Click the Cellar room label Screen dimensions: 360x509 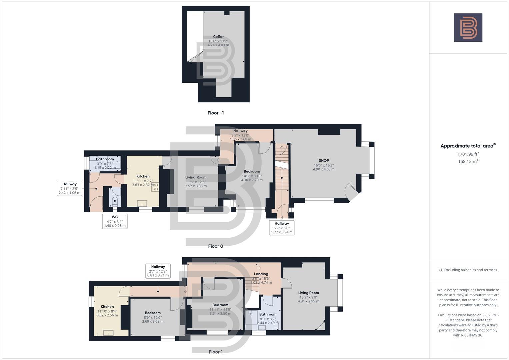[218, 37]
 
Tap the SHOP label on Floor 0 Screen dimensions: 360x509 [324, 161]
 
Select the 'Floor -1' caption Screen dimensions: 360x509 [216, 113]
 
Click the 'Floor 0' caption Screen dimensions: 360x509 [216, 246]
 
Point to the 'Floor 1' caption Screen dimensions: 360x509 [216, 352]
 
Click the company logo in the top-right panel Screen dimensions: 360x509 [468, 28]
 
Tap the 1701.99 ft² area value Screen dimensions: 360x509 [468, 154]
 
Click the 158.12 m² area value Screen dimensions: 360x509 [468, 161]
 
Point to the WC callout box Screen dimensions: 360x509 [115, 221]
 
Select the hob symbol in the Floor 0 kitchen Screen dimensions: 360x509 [155, 187]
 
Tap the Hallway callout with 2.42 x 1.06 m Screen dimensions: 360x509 [69, 188]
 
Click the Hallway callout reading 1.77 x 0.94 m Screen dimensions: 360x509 [282, 228]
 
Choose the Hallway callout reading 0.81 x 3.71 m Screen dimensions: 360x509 [158, 271]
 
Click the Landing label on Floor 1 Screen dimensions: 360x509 [261, 274]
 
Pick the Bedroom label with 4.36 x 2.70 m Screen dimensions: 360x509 [252, 172]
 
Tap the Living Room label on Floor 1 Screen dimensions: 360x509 [308, 293]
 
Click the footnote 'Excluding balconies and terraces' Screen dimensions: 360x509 [468, 270]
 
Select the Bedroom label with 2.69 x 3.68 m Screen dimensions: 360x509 [153, 313]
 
